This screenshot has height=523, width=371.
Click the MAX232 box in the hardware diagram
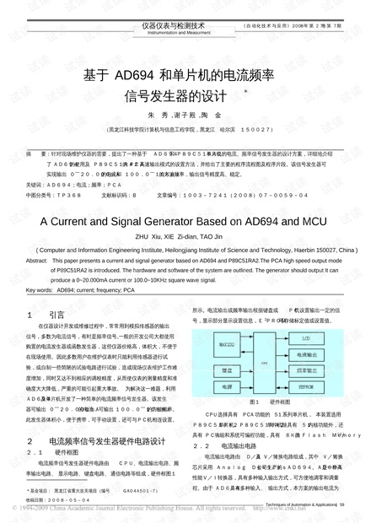point(222,343)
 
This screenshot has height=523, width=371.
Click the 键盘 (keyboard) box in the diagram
point(222,369)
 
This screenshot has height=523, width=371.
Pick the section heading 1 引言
point(50,314)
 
